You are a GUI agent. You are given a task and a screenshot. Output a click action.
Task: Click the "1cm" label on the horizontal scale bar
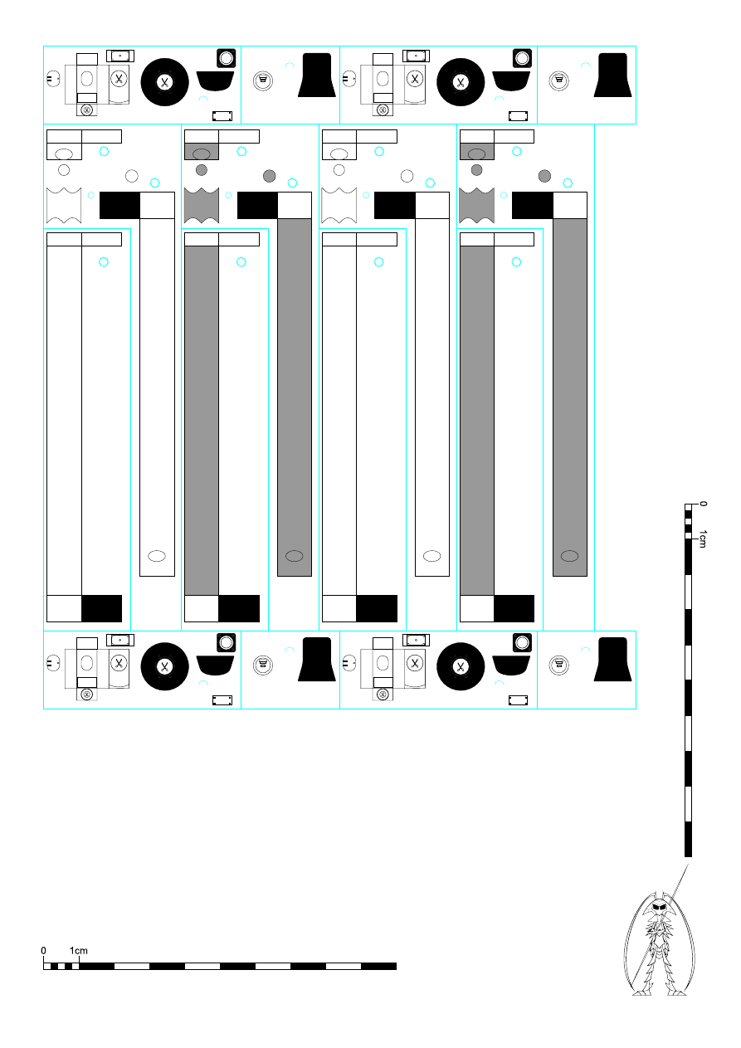tap(79, 950)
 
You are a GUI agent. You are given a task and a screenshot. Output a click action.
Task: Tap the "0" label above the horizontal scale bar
tap(43, 950)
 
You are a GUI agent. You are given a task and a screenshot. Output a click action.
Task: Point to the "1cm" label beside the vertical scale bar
tap(703, 539)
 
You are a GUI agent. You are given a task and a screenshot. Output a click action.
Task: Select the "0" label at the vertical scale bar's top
tap(703, 504)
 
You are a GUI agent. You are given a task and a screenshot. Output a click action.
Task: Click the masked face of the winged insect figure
tap(659, 907)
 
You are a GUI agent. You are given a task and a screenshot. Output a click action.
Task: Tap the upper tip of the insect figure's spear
tap(689, 864)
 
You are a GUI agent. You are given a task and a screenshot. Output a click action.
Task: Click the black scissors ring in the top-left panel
tap(164, 82)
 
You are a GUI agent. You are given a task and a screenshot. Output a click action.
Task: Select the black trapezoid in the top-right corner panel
tap(612, 75)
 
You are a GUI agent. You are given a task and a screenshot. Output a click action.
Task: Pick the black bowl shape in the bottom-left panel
tap(215, 665)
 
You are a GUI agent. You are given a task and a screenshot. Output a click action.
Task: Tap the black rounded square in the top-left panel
tap(227, 58)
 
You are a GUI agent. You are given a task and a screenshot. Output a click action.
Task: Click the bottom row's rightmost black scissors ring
tap(461, 666)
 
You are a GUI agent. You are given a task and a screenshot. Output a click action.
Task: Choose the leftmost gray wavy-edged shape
tap(201, 205)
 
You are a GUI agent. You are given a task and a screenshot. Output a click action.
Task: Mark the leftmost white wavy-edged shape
tap(64, 205)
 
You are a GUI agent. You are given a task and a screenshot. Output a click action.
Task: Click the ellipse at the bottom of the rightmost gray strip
tap(569, 556)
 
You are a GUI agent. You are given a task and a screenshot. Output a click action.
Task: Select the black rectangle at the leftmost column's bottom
tap(101, 609)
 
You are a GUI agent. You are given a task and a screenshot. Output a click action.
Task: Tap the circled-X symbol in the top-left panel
tap(87, 110)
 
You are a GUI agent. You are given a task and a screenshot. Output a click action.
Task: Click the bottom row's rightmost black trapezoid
tap(612, 659)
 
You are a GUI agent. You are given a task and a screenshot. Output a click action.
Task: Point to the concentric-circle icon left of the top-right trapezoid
tap(558, 80)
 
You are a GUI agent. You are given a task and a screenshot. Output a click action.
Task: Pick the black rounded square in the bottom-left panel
tap(227, 642)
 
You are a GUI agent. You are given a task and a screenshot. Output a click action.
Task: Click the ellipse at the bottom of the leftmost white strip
tap(157, 556)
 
